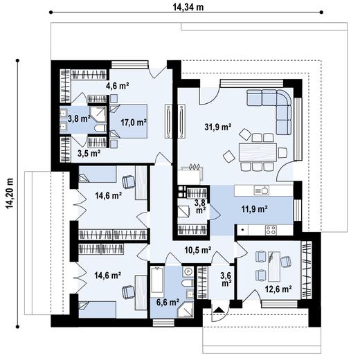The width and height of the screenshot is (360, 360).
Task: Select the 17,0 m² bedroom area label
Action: coord(133,123)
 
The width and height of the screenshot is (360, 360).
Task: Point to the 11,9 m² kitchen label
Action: coord(255,206)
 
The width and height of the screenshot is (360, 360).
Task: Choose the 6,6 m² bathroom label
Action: coord(168,303)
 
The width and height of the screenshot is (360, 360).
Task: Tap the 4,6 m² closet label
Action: coord(117,87)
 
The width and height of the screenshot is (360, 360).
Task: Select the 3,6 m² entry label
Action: coord(226,280)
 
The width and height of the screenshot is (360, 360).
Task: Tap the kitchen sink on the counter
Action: coord(261,190)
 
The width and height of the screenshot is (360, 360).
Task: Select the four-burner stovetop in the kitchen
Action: coord(270,230)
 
